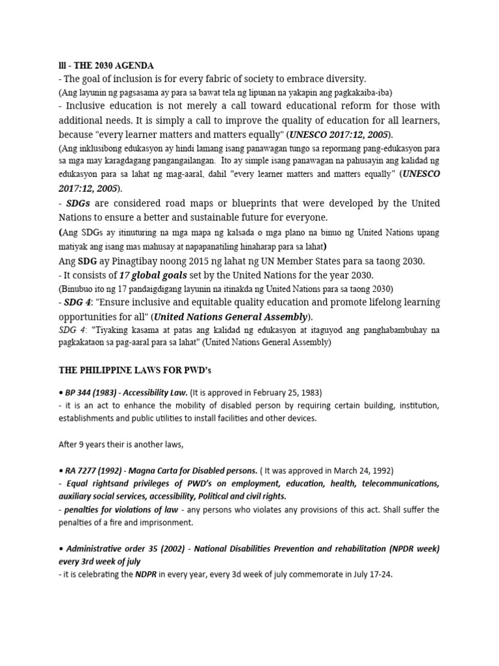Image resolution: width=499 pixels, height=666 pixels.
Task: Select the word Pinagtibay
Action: click(125, 261)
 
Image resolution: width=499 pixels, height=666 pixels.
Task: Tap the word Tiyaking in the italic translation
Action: click(112, 330)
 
